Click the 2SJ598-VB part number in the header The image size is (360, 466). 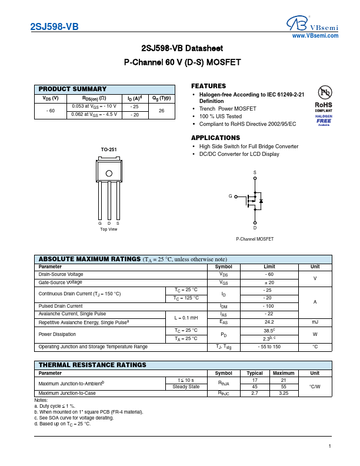click(54, 26)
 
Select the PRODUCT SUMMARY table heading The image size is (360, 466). click(72, 89)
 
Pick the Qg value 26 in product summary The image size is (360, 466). click(161, 111)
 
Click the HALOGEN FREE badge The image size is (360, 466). click(324, 119)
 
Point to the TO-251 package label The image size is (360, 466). click(108, 149)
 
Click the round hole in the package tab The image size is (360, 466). click(109, 173)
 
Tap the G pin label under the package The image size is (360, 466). click(100, 223)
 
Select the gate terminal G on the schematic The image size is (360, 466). click(231, 196)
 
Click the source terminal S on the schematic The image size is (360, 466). click(255, 172)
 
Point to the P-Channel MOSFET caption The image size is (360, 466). click(255, 239)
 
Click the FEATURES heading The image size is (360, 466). click(208, 86)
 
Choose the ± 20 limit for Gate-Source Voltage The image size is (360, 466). click(269, 283)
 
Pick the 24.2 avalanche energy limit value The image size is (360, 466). click(269, 322)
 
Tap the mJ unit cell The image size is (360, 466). click(315, 322)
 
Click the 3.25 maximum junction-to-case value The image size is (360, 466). click(284, 393)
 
